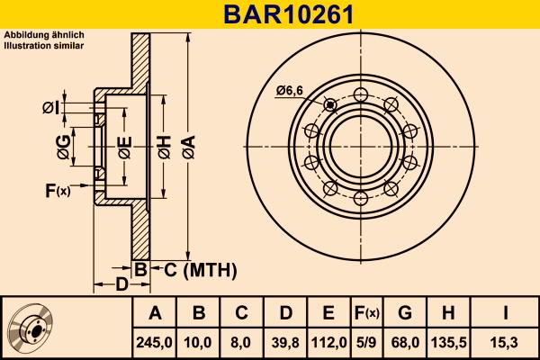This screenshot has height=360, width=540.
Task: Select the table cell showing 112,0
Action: [x=328, y=342]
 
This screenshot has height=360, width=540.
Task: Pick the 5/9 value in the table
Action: [x=366, y=342]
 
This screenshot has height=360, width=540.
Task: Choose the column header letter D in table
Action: [x=285, y=313]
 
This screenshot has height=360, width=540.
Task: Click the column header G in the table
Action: [x=405, y=313]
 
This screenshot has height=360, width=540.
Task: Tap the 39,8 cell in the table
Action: [x=285, y=342]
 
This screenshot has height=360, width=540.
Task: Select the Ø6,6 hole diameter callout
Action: [x=291, y=89]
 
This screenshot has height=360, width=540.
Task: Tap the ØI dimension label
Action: [x=51, y=109]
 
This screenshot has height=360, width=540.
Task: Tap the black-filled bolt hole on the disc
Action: [x=330, y=105]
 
